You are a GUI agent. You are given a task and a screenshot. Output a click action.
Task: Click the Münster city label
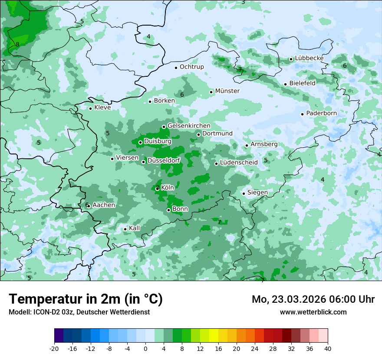point(227,91)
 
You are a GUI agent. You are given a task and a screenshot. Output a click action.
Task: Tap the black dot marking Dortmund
point(198,134)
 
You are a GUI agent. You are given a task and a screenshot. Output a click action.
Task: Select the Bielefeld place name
point(302,83)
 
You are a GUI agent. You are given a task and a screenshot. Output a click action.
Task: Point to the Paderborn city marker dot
point(302,114)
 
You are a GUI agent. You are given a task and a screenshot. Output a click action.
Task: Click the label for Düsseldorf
point(164,160)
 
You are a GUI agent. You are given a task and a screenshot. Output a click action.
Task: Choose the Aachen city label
point(104,205)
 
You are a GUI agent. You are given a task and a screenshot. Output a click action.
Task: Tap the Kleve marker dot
point(90,108)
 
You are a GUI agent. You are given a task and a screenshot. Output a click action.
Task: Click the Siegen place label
point(257,193)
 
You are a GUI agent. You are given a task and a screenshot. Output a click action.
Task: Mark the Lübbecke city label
point(309,58)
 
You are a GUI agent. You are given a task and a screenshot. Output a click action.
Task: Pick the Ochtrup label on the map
point(191,67)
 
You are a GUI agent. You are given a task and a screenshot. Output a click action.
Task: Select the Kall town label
point(135,228)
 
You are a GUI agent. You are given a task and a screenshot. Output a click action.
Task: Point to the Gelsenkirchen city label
point(189,126)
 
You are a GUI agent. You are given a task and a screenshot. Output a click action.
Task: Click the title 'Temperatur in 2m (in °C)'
point(86,299)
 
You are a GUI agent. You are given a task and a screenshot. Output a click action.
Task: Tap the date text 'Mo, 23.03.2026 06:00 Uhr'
point(313,299)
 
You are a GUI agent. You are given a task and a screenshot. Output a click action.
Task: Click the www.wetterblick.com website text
point(313,312)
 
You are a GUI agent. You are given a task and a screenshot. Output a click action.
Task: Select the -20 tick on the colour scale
point(54,348)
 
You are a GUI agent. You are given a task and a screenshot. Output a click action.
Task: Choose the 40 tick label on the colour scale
point(328,348)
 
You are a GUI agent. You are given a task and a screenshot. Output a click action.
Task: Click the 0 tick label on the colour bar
point(145,348)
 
